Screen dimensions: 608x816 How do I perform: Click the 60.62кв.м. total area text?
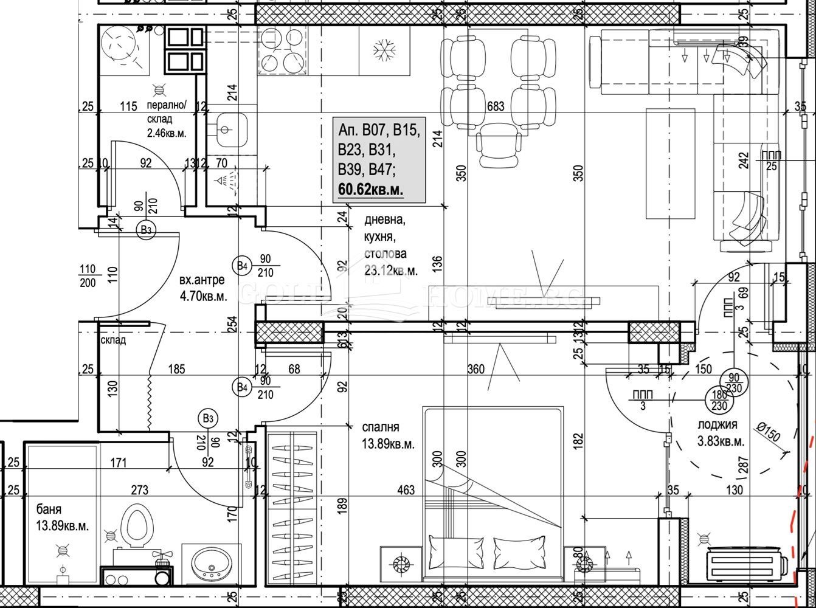(x=371, y=190)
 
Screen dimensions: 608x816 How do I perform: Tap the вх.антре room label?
(x=202, y=280)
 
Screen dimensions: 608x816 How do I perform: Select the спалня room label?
(x=381, y=427)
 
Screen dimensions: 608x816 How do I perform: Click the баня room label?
(x=49, y=510)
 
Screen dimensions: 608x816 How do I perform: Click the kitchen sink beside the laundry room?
(x=226, y=130)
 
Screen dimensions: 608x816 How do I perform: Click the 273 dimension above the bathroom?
(x=140, y=489)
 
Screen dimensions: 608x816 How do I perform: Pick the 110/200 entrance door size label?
(x=88, y=275)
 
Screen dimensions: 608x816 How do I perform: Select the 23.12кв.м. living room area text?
(x=391, y=271)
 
